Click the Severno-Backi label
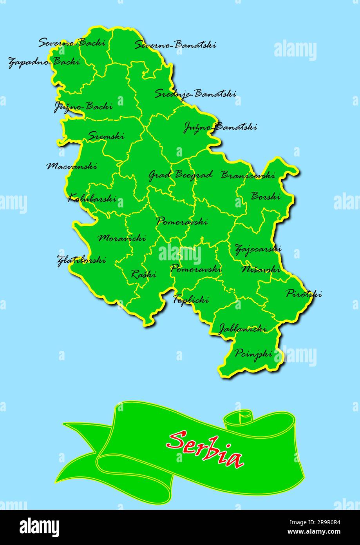click(x=72, y=42)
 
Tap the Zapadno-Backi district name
click(x=44, y=62)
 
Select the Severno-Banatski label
click(x=175, y=45)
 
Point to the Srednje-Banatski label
click(x=195, y=94)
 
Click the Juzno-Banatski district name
click(x=220, y=127)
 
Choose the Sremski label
click(x=106, y=136)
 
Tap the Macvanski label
click(x=72, y=166)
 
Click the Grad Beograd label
click(x=180, y=175)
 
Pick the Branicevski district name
click(x=248, y=175)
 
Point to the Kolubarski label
click(x=92, y=198)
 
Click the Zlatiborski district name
click(x=81, y=260)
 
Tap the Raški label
click(x=143, y=274)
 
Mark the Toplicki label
click(x=191, y=300)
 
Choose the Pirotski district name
click(x=304, y=294)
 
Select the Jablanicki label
click(x=242, y=329)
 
